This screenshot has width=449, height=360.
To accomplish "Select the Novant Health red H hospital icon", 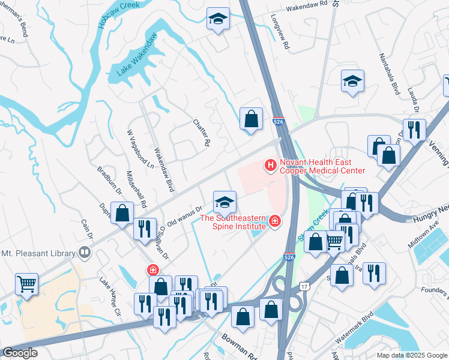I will pos(270,164).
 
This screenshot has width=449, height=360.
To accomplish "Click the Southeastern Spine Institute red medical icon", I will pos(275,222).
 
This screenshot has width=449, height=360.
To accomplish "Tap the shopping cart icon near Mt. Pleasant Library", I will pos(26,284).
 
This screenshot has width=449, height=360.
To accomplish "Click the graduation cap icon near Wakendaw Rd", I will pos(218,19).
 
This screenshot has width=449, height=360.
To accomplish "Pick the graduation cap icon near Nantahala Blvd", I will pos(352,82).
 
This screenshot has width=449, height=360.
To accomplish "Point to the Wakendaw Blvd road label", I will pos(163,169).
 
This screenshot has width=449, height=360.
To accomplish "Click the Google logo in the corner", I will pos(20,353).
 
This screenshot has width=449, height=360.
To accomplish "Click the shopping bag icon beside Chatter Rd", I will pos(250,119).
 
